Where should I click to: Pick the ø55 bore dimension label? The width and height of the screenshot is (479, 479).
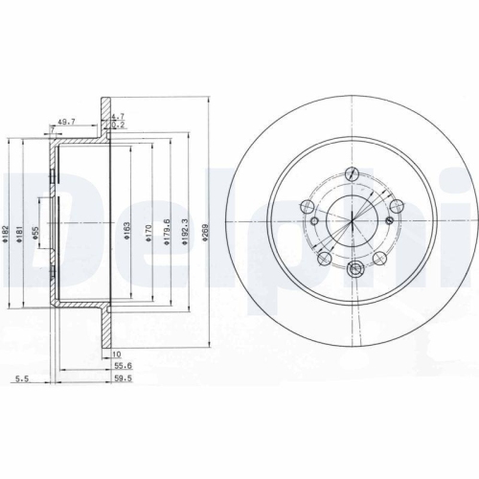(x=36, y=231)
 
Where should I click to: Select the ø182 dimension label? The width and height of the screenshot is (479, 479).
(x=6, y=232)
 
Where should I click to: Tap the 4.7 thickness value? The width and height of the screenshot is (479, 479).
(x=118, y=115)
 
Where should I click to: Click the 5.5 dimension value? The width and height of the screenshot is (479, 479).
(x=20, y=380)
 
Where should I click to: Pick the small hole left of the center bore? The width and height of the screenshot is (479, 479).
(x=309, y=206)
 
